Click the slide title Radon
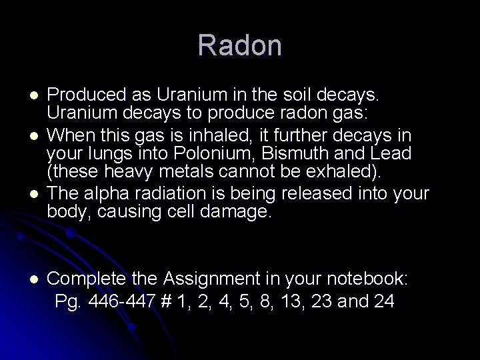pyautogui.click(x=240, y=45)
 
